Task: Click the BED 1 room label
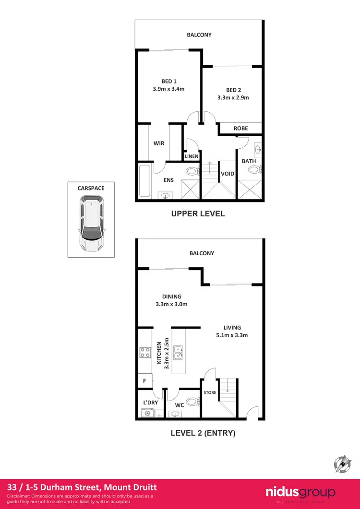[168, 81]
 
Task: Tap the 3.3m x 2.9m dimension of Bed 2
[233, 98]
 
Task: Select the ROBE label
[240, 129]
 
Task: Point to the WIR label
[159, 143]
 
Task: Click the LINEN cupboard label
[192, 156]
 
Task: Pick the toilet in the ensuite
[191, 171]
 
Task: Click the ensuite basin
[166, 195]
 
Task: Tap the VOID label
[228, 174]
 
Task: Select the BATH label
[249, 161]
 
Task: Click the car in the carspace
[91, 226]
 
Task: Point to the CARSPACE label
[91, 189]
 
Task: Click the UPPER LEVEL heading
[198, 214]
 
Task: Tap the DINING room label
[171, 296]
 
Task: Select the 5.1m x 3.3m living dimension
[232, 335]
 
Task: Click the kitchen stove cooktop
[145, 353]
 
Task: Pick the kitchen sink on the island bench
[178, 352]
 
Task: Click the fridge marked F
[144, 381]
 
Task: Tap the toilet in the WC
[191, 402]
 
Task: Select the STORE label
[210, 392]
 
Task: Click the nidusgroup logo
[300, 492]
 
